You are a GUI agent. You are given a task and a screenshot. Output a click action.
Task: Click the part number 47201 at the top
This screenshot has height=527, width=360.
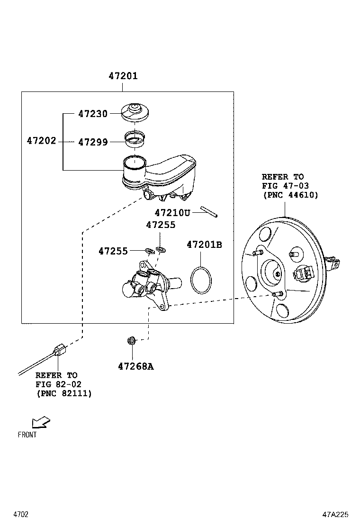[123, 76]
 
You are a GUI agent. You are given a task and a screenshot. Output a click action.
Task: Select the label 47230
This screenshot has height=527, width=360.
[93, 114]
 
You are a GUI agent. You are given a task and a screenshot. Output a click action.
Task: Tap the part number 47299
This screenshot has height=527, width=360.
[93, 142]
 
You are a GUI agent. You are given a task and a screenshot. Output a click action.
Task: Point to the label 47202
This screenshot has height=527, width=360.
[42, 141]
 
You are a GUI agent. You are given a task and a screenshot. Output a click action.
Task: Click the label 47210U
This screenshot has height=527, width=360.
[172, 213]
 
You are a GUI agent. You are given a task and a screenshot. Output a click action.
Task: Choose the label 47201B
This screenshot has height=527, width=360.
[204, 245]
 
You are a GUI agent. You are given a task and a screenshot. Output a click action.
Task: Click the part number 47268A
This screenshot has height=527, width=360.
[135, 366]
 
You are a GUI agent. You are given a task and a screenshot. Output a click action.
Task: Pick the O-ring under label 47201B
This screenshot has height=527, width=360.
[201, 280]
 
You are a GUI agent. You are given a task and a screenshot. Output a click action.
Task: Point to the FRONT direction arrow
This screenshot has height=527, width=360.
[40, 422]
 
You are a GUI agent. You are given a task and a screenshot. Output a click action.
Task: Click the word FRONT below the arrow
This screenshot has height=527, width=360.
[27, 435]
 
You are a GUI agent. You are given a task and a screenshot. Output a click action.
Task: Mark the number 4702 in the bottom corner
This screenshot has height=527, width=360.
[21, 514]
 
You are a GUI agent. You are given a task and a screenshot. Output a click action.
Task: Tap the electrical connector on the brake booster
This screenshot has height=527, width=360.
[303, 273]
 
